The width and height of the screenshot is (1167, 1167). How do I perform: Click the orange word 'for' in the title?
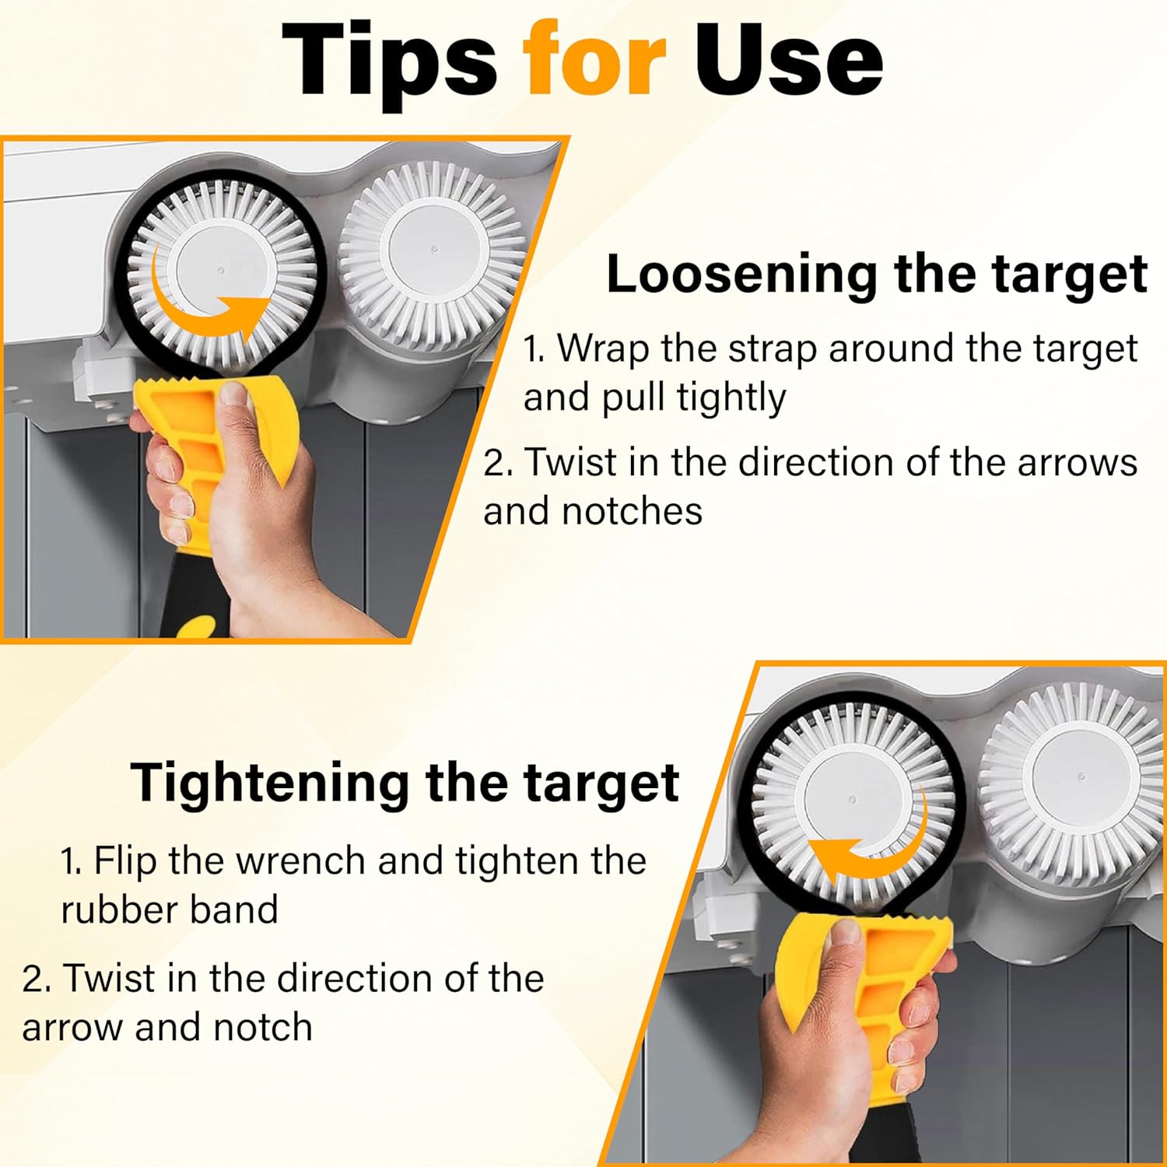pyautogui.click(x=594, y=59)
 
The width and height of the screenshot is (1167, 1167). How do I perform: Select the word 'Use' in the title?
pyautogui.click(x=788, y=59)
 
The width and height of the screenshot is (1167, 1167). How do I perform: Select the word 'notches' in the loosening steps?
pyautogui.click(x=632, y=512)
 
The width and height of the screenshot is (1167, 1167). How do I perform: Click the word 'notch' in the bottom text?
pyautogui.click(x=263, y=1028)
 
